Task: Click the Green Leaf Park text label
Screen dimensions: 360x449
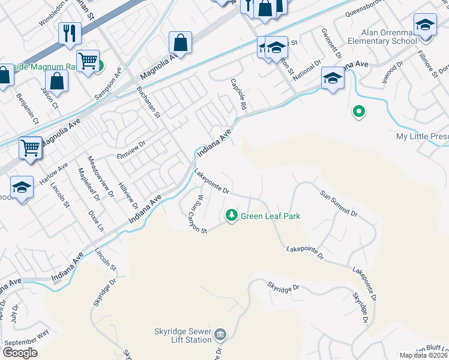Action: [270, 216]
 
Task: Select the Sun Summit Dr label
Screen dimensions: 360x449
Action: [339, 204]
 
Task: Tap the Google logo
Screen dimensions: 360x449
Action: [20, 352]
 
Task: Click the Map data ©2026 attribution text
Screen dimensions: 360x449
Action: [424, 355]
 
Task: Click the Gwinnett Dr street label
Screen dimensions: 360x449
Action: [332, 44]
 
